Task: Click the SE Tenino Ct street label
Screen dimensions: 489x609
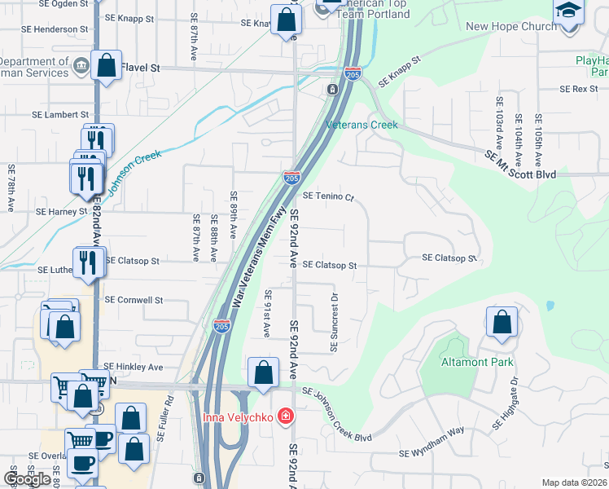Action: [329, 196]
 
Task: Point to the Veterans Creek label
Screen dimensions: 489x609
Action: [361, 125]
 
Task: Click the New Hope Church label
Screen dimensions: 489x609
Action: [511, 26]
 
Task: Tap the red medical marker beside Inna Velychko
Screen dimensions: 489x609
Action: [284, 417]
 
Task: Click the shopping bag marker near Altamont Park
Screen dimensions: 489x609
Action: [502, 322]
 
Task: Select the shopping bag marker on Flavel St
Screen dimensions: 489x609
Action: [107, 65]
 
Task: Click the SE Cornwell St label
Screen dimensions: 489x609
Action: [134, 300]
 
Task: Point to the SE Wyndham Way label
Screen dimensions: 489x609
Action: [432, 453]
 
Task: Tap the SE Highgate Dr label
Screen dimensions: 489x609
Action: [504, 404]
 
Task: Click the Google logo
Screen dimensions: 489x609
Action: [27, 479]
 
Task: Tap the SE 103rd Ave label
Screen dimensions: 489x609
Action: [500, 123]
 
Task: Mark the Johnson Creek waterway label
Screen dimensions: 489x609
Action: [137, 167]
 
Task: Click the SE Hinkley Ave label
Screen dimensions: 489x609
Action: [134, 367]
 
